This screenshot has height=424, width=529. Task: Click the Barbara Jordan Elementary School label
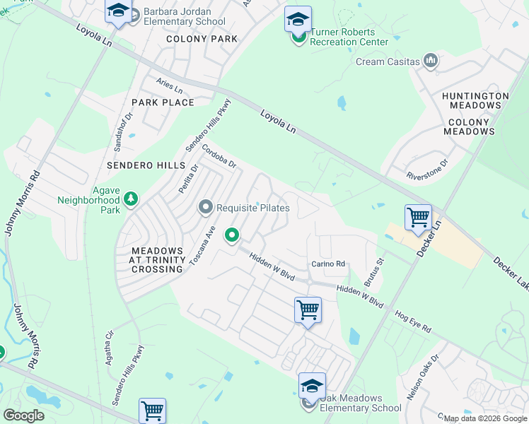184,16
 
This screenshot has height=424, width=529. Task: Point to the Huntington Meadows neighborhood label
475,100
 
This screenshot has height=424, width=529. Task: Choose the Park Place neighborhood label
163,102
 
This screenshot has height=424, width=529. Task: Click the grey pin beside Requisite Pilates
206,207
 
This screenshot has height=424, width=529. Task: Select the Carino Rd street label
327,264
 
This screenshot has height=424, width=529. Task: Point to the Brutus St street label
373,271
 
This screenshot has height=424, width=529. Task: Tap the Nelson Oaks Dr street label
434,365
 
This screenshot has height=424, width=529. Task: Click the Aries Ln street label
170,86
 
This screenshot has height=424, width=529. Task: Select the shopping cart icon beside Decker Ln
418,217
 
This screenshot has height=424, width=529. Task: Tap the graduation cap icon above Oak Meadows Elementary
312,384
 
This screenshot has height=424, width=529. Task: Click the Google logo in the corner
23,415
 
